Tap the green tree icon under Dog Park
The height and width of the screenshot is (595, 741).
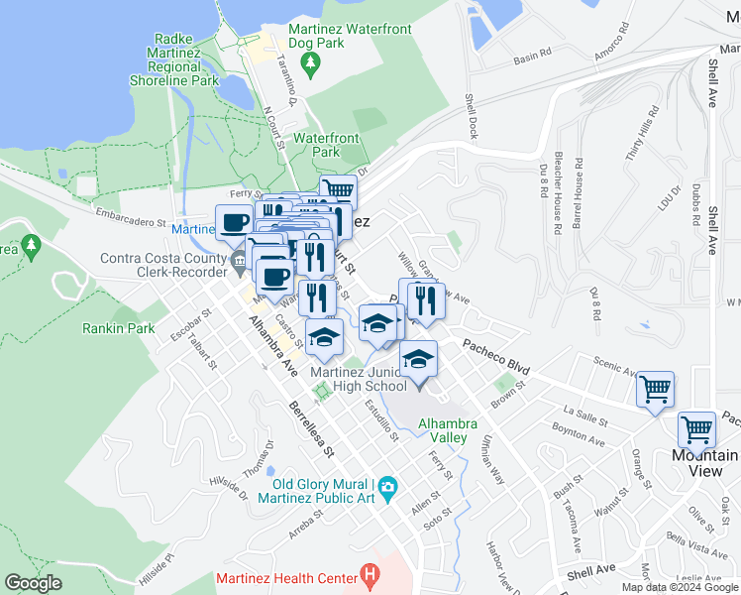(x=313, y=65)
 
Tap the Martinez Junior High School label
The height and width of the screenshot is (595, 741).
(x=358, y=379)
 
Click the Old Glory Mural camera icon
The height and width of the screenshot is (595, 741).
(x=387, y=486)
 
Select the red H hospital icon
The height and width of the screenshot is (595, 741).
(x=370, y=574)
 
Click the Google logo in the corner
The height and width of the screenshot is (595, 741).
(x=33, y=583)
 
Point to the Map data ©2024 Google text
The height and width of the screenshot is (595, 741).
(x=680, y=587)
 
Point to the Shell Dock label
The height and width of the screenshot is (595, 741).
(x=472, y=116)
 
